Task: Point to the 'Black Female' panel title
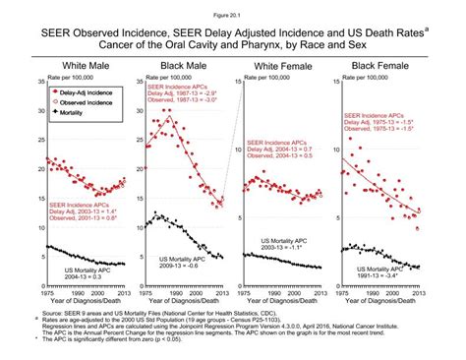click(x=383, y=64)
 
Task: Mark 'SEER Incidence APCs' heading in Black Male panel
click(x=179, y=87)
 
